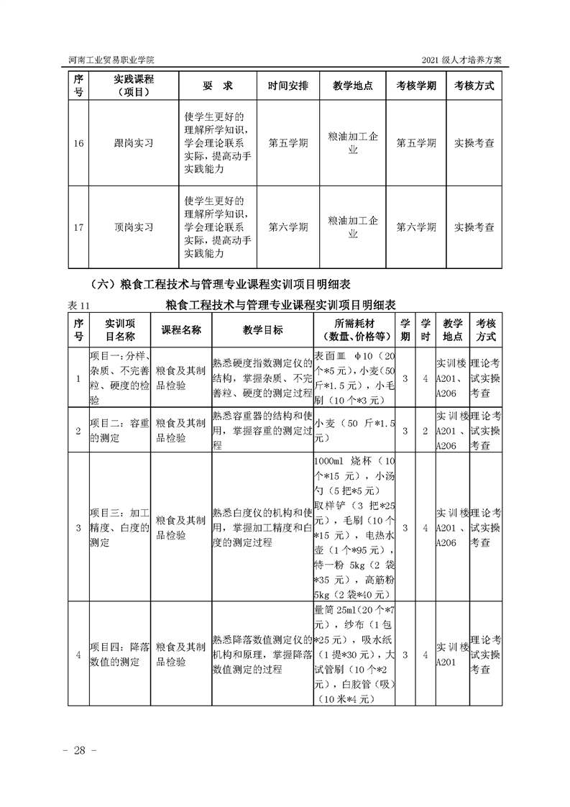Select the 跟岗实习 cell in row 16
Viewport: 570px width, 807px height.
click(134, 143)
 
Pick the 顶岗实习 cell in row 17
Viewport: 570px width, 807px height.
click(134, 227)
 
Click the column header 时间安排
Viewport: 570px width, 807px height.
click(288, 86)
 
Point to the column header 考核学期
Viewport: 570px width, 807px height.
click(416, 86)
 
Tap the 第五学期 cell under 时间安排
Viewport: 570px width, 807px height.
click(288, 143)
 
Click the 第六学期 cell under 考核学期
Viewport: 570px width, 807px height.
click(416, 227)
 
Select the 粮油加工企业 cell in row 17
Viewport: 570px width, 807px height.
click(353, 227)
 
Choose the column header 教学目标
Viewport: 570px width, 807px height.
click(262, 330)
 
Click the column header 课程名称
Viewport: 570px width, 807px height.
click(181, 330)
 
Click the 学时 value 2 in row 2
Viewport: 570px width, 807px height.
click(426, 430)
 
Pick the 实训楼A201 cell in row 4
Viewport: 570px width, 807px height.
click(451, 655)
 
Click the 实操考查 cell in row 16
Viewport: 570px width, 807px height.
click(474, 143)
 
